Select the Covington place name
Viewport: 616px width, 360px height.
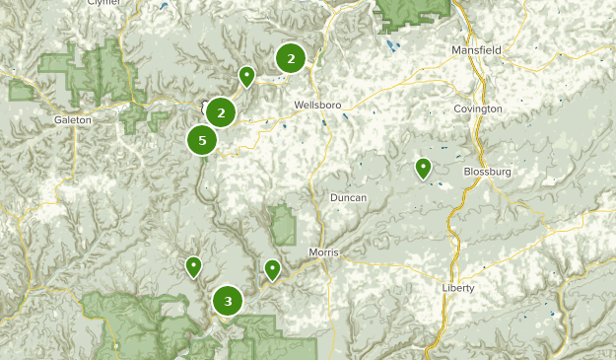click(478, 108)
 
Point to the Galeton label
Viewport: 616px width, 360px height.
click(73, 119)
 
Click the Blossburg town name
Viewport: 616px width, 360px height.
click(487, 171)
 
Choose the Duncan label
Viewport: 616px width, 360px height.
click(349, 198)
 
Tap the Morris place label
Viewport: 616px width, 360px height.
click(323, 252)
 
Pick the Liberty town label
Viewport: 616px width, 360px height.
click(458, 288)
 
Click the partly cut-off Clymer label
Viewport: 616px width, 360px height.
click(103, 3)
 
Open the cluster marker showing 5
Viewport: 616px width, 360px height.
click(202, 141)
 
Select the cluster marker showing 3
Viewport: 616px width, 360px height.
click(229, 301)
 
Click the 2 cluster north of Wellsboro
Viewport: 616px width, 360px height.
click(291, 58)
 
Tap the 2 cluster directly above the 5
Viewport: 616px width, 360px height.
click(221, 112)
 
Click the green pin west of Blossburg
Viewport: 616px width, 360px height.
click(423, 169)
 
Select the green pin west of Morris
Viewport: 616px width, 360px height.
click(272, 268)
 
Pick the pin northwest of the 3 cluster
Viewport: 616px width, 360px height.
click(194, 265)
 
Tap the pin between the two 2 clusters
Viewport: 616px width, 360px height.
click(246, 75)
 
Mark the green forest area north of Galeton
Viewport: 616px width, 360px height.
click(94, 74)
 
